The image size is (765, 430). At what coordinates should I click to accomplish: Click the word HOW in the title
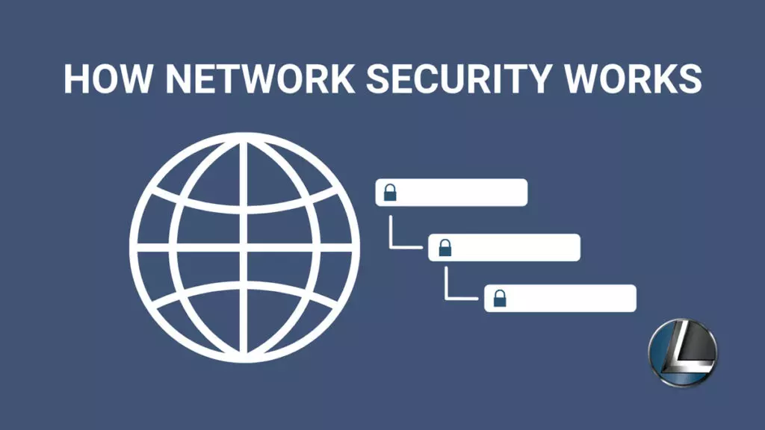tap(108, 78)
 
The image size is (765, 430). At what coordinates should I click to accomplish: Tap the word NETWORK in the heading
tap(260, 78)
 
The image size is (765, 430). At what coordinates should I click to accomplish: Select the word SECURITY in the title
tap(458, 78)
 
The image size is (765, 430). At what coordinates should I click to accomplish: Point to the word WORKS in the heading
tap(633, 78)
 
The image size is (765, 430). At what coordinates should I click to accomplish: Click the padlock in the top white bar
tap(390, 193)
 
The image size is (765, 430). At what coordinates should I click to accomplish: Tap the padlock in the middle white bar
tap(445, 248)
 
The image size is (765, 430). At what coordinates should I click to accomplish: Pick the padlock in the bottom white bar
tap(500, 299)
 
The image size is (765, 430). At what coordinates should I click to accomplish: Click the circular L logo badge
tap(683, 352)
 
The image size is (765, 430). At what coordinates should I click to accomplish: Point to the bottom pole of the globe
tap(244, 358)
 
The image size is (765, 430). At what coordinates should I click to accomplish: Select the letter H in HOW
tap(76, 78)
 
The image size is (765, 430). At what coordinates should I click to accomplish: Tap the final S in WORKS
tap(690, 78)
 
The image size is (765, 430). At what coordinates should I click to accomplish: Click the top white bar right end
tap(527, 193)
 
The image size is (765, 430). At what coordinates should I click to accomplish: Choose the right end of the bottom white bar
tap(635, 299)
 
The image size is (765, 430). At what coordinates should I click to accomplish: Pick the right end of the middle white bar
tap(579, 248)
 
